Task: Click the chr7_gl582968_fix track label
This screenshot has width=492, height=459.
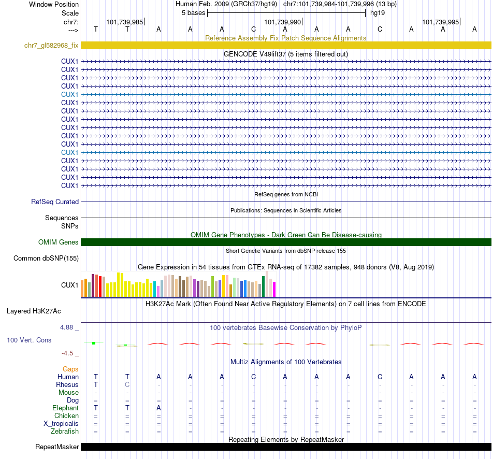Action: (x=51, y=46)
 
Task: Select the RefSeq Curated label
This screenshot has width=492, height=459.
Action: (x=55, y=202)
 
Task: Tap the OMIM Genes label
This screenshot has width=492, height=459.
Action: (x=59, y=242)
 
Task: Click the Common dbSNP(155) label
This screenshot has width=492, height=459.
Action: (x=46, y=258)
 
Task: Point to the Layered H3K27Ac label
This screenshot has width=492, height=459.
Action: (x=34, y=311)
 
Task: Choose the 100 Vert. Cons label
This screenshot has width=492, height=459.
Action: (x=29, y=340)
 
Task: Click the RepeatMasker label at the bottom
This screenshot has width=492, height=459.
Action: (x=57, y=447)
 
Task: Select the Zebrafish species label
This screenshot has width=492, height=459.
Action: (x=65, y=431)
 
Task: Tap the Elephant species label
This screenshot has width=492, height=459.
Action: (x=65, y=408)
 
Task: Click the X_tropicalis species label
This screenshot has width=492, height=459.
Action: (x=61, y=423)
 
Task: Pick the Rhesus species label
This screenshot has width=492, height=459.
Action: (x=67, y=385)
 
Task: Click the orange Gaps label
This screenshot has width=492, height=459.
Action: (x=70, y=369)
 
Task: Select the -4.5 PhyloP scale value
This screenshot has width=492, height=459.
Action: (x=67, y=353)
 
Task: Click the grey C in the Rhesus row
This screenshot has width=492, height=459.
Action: (x=127, y=385)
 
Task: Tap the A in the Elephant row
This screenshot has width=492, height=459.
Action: (x=159, y=408)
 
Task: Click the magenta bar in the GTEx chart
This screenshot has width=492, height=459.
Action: (x=274, y=289)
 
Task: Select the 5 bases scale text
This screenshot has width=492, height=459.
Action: (x=193, y=13)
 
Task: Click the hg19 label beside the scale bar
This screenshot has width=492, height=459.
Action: (x=377, y=13)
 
